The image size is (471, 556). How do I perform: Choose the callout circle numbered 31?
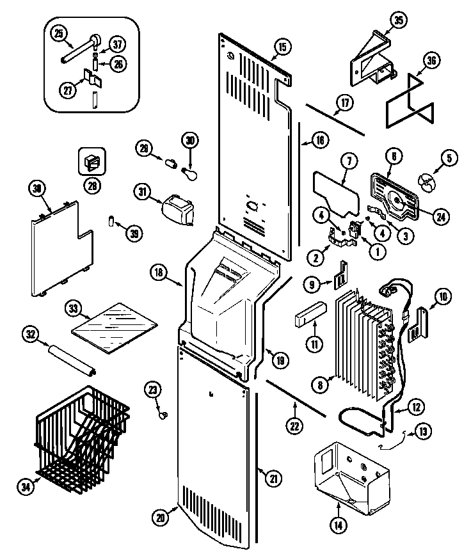pos(142,191)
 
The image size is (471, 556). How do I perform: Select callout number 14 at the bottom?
pos(337,526)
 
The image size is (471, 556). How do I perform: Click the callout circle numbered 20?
pos(161,516)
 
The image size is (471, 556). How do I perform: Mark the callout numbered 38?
pos(38,188)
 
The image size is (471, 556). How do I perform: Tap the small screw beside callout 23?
pos(164,415)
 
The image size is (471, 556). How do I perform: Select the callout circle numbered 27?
pos(67,90)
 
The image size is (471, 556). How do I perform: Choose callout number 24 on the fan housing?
pos(440,216)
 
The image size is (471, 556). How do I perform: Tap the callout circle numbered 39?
pos(134,235)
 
